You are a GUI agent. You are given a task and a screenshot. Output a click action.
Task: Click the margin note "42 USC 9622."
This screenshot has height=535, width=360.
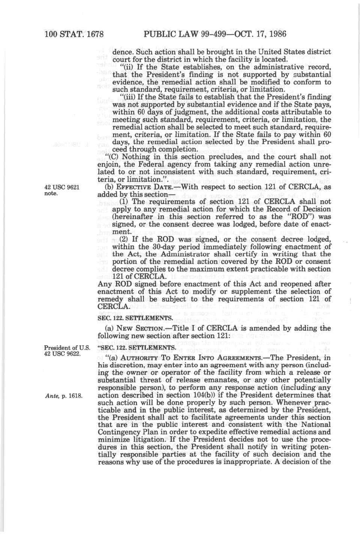click(62, 354)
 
